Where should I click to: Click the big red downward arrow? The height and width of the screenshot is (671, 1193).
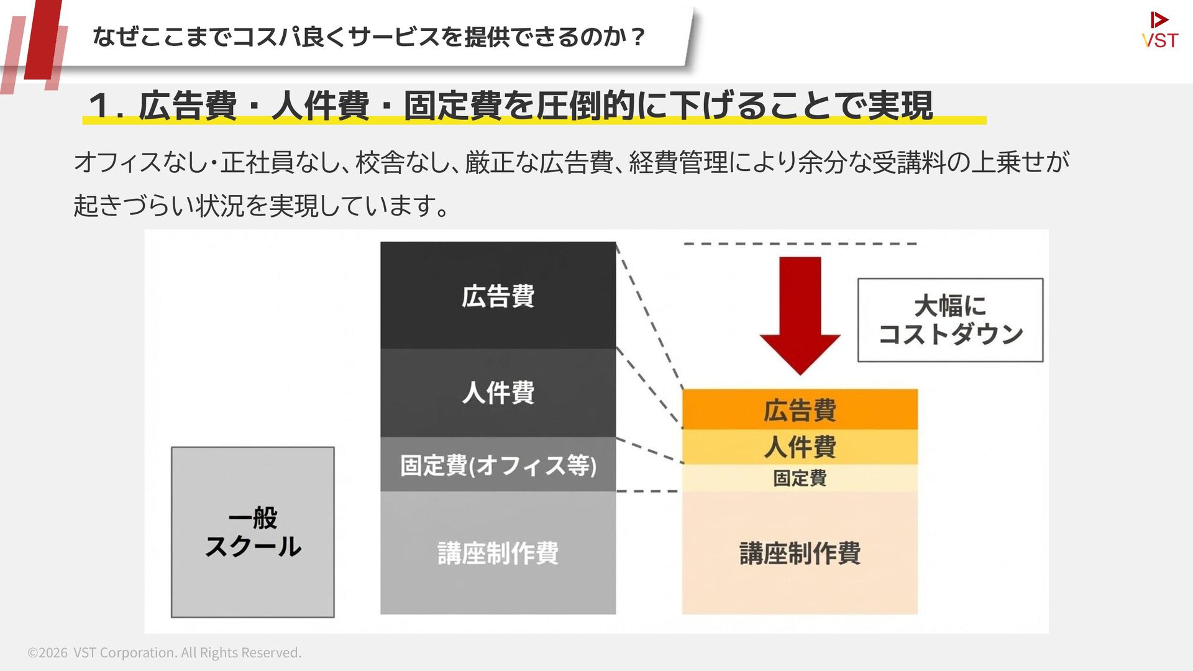click(800, 314)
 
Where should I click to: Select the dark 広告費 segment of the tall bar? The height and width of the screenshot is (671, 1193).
click(498, 296)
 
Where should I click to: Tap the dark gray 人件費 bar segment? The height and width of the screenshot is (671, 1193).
click(498, 393)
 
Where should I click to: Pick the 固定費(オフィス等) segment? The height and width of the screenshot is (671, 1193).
click(498, 465)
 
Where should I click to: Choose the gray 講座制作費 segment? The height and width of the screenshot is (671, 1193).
click(498, 553)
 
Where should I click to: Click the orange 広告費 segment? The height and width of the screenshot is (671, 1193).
click(800, 410)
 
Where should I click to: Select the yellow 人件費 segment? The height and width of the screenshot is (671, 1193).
click(800, 447)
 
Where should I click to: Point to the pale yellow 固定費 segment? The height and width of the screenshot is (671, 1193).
click(800, 478)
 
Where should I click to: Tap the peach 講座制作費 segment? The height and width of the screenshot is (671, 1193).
click(800, 553)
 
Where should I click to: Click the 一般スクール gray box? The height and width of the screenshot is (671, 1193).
click(253, 532)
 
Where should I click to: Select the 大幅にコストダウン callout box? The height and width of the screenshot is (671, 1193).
click(950, 320)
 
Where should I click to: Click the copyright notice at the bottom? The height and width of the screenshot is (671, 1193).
click(165, 652)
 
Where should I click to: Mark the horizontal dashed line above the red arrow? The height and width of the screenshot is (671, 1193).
click(800, 244)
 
